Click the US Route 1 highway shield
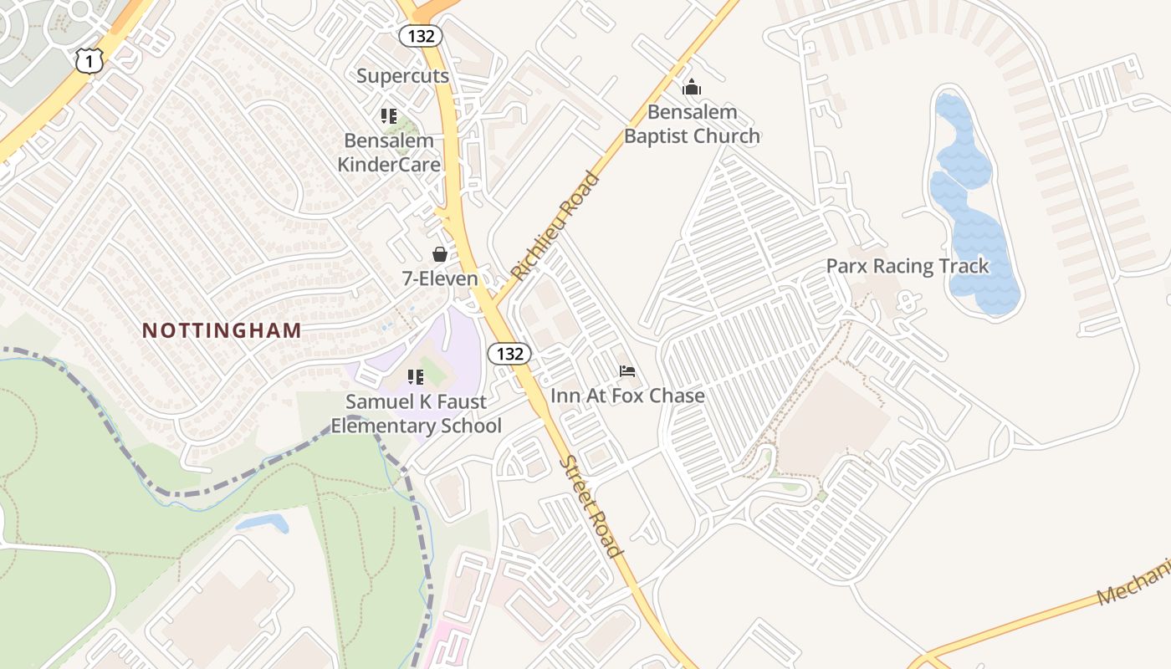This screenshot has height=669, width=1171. (x=89, y=60)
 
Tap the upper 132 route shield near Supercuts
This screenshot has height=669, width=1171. (x=421, y=36)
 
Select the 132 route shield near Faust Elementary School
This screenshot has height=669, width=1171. (x=509, y=354)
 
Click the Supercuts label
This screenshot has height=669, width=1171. (x=403, y=76)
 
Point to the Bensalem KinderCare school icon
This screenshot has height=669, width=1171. (x=388, y=115)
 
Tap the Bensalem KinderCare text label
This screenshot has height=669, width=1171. (x=389, y=152)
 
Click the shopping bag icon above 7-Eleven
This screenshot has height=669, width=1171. (x=440, y=254)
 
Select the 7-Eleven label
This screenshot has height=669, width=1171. (x=440, y=278)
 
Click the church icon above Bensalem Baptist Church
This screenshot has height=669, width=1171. (x=692, y=87)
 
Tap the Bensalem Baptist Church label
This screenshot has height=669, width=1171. (x=692, y=124)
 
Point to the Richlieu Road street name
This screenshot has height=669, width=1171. (x=555, y=226)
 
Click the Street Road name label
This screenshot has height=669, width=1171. (x=591, y=507)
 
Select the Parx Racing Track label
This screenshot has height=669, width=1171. (x=908, y=266)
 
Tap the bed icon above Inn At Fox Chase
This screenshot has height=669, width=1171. (x=627, y=370)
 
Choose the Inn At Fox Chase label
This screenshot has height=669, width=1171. (x=627, y=395)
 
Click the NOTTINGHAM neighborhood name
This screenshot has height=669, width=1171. (x=222, y=330)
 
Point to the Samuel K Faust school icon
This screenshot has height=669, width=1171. (x=416, y=377)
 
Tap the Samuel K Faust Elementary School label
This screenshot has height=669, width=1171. (x=416, y=414)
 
